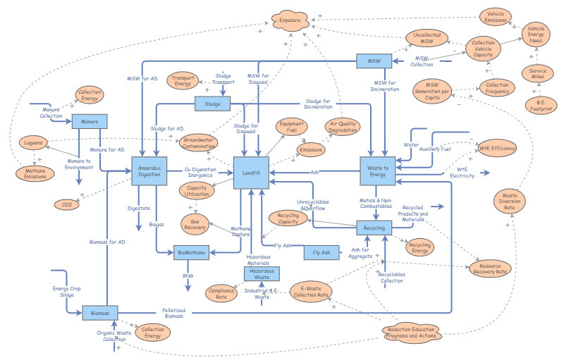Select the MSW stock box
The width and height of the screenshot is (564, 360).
373,61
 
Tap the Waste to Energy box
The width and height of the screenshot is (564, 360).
377,171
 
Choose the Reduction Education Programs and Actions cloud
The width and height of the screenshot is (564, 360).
411,333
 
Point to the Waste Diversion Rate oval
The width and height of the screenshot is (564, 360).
509,200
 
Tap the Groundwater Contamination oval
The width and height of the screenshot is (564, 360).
200,143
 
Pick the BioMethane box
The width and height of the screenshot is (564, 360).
190,252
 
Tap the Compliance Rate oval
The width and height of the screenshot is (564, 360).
221,292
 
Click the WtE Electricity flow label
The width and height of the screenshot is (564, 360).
462,173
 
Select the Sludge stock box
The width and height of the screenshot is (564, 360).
213,104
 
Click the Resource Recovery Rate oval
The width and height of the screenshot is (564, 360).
489,268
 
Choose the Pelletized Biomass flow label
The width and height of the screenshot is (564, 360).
173,313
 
